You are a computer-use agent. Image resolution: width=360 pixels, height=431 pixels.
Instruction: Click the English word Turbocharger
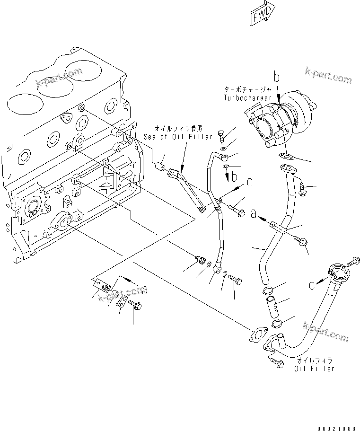tap(247, 97)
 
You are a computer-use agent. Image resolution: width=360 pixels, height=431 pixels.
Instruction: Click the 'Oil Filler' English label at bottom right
tap(315, 369)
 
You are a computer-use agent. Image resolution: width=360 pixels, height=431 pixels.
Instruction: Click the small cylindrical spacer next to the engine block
tap(162, 167)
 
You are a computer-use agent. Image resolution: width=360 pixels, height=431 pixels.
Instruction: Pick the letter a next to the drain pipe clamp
tap(254, 214)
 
